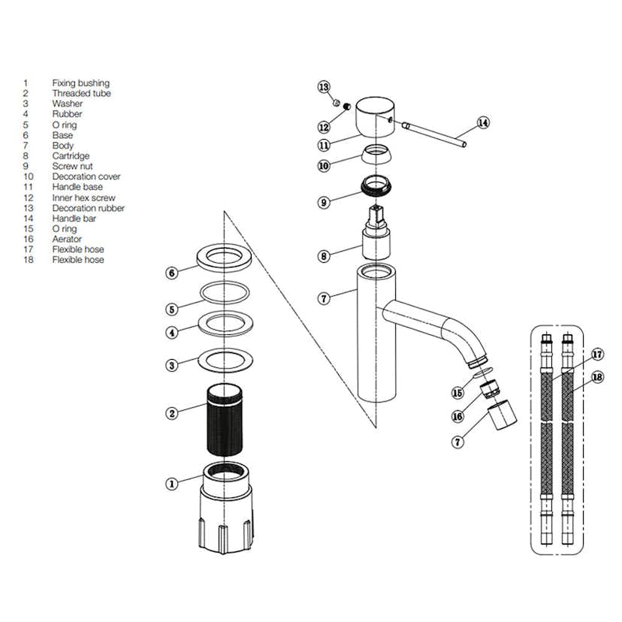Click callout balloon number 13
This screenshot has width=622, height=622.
click(324, 87)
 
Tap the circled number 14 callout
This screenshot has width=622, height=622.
click(483, 122)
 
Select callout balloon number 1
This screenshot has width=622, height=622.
click(171, 484)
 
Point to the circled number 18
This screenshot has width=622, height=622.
click(597, 377)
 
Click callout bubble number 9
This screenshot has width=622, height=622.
click(324, 202)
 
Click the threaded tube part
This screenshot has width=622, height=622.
click(226, 421)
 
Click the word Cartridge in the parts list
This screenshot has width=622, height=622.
click(71, 156)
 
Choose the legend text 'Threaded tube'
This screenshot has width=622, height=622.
click(81, 94)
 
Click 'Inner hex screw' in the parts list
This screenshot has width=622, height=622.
click(83, 198)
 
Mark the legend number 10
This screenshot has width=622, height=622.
click(28, 177)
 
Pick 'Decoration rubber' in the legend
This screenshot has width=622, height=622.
click(89, 208)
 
